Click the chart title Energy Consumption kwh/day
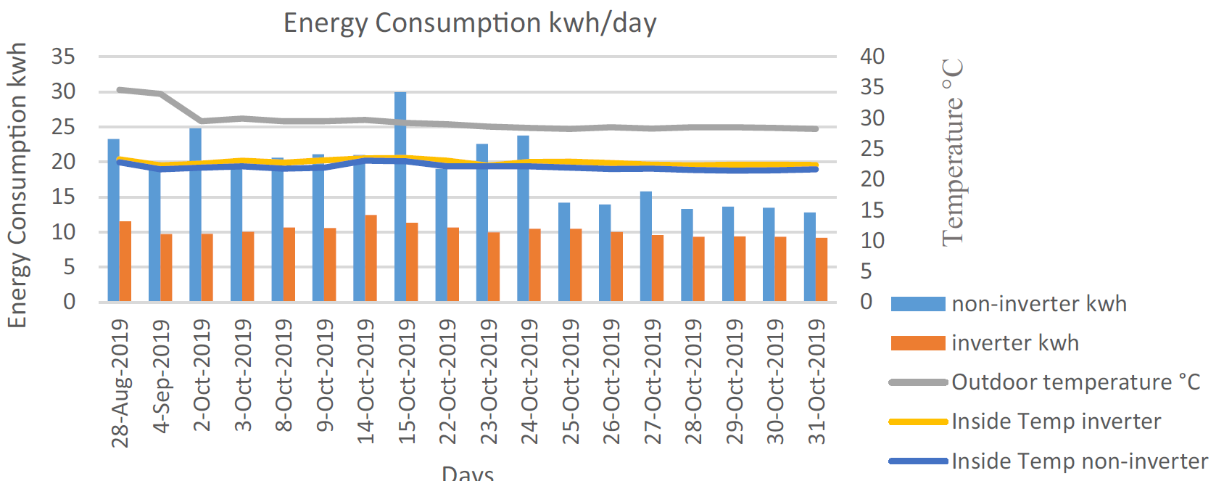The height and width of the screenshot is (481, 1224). tap(470, 23)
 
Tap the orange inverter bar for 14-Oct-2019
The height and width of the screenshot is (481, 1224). tap(371, 258)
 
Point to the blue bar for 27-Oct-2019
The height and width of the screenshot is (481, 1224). tap(646, 247)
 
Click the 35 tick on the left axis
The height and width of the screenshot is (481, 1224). tap(64, 57)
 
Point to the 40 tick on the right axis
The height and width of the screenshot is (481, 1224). tap(872, 57)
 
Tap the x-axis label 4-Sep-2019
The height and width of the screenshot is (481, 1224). tap(162, 377)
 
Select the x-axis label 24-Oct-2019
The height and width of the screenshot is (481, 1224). tap(530, 382)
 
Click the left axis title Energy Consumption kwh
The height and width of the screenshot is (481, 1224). tap(17, 185)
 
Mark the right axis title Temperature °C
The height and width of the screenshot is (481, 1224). tap(953, 152)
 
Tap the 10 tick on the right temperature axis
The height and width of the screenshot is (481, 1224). tap(872, 241)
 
